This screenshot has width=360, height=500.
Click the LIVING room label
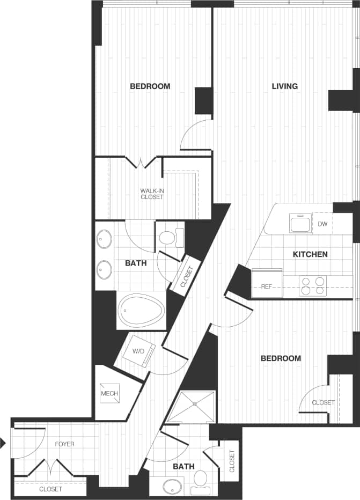284,86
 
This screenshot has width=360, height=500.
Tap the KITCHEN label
310,254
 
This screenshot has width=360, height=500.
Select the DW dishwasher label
322,224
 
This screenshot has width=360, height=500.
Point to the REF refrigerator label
267,287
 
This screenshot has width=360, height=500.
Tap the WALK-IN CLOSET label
152,194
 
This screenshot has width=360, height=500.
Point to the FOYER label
64,444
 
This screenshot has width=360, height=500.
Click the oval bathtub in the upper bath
140,311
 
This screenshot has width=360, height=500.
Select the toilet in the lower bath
201,480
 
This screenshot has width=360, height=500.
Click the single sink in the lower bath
173,487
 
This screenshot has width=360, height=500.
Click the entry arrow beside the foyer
3,443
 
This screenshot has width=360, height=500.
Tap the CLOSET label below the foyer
50,489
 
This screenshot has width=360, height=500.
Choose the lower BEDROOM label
281,358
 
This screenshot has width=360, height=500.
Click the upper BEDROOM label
150,86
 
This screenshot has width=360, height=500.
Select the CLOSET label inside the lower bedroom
323,402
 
